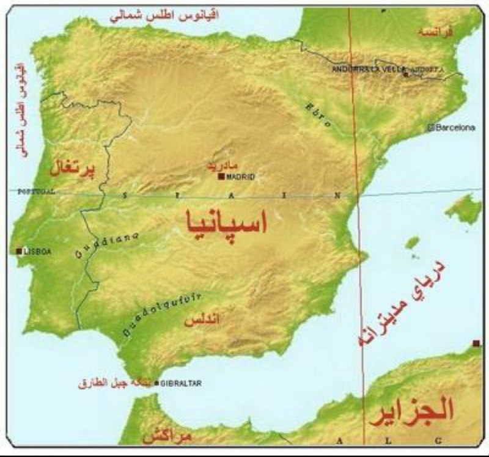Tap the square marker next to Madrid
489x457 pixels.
point(221,177)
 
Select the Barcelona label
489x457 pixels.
point(454,127)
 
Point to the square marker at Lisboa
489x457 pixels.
point(20,251)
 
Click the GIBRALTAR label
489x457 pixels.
point(180,383)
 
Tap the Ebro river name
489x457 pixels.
point(318,114)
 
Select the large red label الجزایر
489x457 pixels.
point(411,410)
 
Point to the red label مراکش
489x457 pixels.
point(166,437)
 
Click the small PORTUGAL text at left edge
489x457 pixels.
point(36,191)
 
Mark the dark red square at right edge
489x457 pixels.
point(476,343)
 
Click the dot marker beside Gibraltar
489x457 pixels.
point(157,383)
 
